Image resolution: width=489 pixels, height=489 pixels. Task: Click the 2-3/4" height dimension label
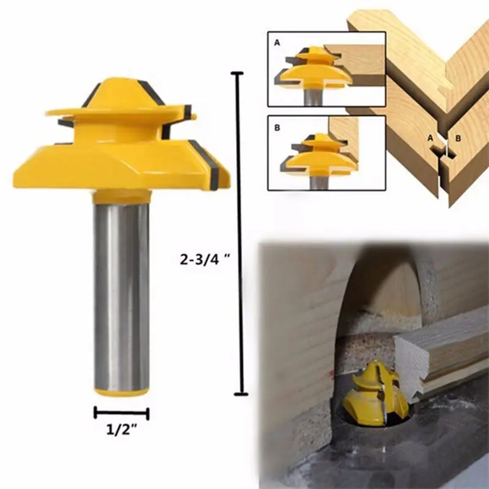pyautogui.click(x=205, y=259)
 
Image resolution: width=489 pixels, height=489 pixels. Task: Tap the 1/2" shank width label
pyautogui.click(x=122, y=430)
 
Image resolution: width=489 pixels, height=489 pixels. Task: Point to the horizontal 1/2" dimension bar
pyautogui.click(x=121, y=413)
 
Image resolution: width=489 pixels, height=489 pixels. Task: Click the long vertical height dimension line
pyautogui.click(x=240, y=233)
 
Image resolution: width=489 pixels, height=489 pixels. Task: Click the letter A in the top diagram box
pyautogui.click(x=277, y=43)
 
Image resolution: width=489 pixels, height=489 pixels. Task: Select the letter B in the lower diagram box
pyautogui.click(x=277, y=128)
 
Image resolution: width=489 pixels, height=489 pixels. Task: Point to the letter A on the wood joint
pyautogui.click(x=430, y=138)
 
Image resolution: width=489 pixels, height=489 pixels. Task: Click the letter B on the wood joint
pyautogui.click(x=458, y=138)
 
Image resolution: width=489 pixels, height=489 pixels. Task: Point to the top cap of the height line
pyautogui.click(x=237, y=73)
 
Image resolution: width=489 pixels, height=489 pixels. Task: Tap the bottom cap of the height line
pyautogui.click(x=241, y=394)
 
